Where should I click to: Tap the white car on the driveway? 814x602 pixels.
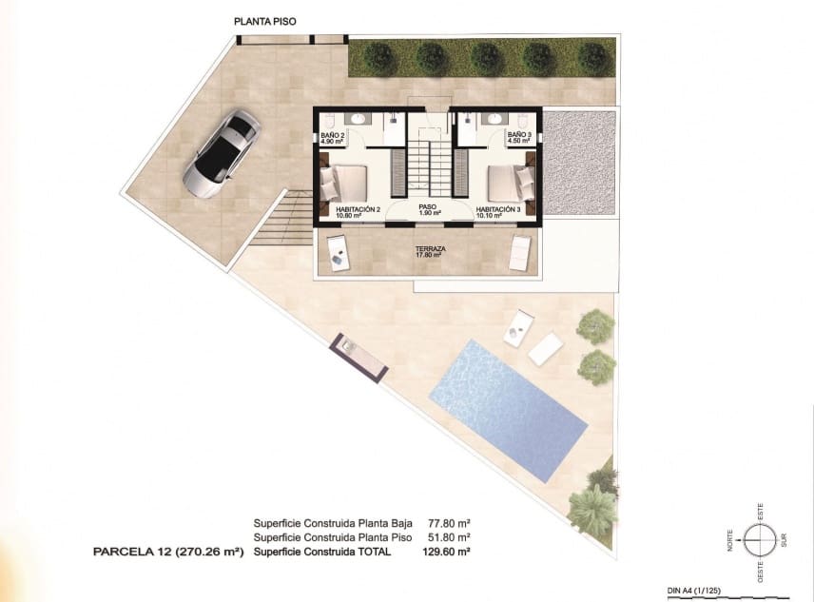tap(221, 153)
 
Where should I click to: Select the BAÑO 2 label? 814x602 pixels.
tap(333, 139)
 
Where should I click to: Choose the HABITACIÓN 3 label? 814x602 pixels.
tap(497, 211)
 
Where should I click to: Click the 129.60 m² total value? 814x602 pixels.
tap(451, 551)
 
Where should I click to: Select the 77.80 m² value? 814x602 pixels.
tap(451, 523)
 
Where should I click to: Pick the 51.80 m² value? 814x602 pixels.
tap(451, 536)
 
